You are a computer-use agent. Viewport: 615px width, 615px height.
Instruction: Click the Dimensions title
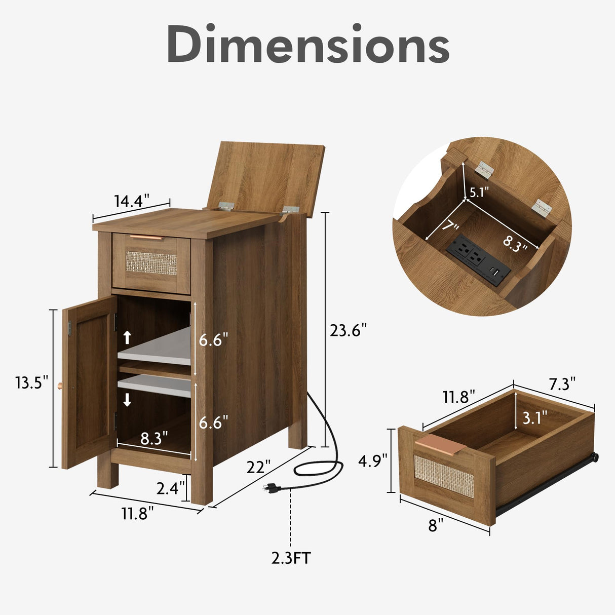(x=308, y=43)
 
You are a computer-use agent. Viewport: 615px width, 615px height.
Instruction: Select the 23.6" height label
(x=348, y=330)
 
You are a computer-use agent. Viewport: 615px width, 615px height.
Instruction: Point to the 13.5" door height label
(x=32, y=382)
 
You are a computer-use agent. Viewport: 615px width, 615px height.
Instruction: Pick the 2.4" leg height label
(x=170, y=488)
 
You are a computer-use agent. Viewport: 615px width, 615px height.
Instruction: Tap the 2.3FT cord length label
(x=291, y=567)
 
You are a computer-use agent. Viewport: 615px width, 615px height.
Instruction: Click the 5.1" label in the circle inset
(x=479, y=193)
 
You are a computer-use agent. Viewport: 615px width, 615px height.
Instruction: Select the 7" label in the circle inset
(x=450, y=227)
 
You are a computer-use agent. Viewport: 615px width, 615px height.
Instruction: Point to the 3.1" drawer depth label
(x=535, y=417)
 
